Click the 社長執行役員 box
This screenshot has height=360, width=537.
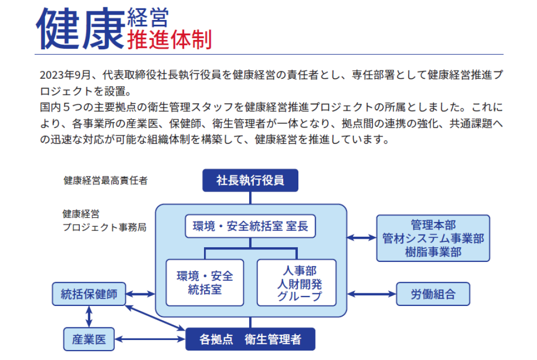tap(250, 181)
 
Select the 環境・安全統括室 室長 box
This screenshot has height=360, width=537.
tap(250, 227)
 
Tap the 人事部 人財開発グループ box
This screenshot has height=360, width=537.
tap(296, 282)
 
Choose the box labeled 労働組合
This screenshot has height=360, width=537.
tap(433, 294)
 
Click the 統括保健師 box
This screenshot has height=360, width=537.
tap(89, 294)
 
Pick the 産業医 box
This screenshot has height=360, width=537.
tap(89, 339)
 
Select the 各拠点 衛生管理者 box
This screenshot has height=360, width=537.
tap(250, 339)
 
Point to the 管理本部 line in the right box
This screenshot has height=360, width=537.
tap(433, 225)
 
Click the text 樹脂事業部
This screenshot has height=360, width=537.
tap(433, 251)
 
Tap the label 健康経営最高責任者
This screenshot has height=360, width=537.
tap(105, 181)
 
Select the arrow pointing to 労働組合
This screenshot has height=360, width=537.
tap(372, 294)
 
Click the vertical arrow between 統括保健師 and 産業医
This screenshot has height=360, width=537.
tap(89, 316)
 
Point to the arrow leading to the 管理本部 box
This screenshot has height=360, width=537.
tap(362, 238)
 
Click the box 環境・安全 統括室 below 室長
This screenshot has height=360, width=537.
tap(205, 282)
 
